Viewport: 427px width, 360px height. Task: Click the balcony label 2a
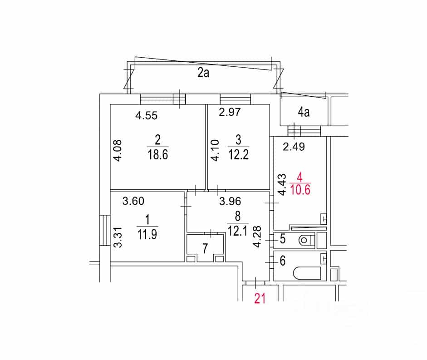(x=203, y=73)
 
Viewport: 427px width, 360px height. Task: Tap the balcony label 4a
(x=304, y=112)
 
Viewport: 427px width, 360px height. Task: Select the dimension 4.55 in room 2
(x=147, y=116)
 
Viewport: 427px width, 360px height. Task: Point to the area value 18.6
(x=157, y=154)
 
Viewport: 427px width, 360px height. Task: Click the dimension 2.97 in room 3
(x=230, y=112)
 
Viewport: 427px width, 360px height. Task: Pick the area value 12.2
(x=238, y=155)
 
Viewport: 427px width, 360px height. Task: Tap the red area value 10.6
(x=300, y=190)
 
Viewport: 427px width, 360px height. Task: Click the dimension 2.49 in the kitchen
(x=294, y=147)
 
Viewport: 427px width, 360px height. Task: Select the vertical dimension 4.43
(x=282, y=185)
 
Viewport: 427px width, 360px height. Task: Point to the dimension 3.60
(x=133, y=201)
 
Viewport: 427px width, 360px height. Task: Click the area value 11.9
(x=147, y=234)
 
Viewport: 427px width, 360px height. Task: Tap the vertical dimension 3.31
(x=118, y=237)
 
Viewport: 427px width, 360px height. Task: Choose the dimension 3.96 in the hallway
(x=230, y=202)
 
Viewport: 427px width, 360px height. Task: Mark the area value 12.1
(x=237, y=232)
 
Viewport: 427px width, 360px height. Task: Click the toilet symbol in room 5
(x=307, y=240)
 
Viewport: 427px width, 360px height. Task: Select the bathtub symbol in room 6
(x=307, y=273)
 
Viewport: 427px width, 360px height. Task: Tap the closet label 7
(x=205, y=248)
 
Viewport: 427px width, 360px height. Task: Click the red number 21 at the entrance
(x=260, y=298)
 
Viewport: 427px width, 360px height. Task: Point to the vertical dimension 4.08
(x=118, y=151)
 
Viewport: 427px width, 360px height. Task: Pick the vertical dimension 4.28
(x=257, y=237)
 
